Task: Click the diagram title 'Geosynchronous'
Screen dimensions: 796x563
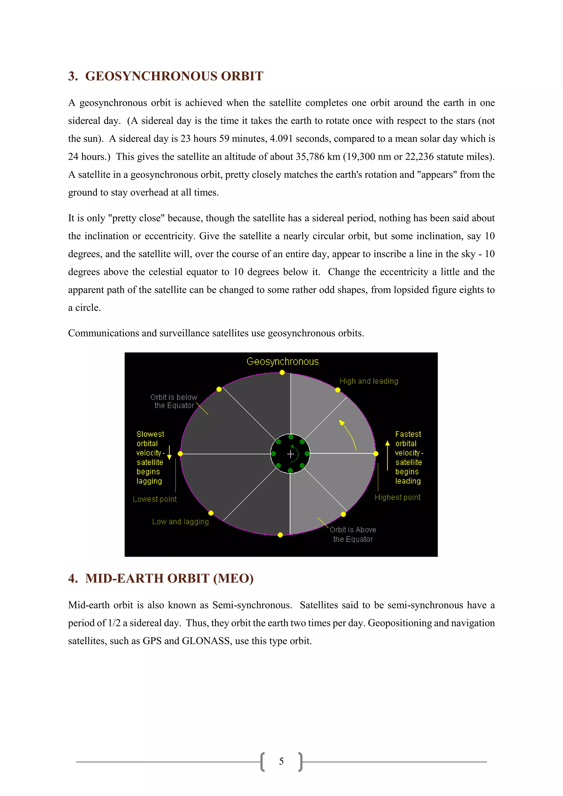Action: point(282,362)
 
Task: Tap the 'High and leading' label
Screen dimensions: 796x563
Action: point(369,381)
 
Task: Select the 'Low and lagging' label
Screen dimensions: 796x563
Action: point(180,522)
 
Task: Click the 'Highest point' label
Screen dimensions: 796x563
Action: point(397,497)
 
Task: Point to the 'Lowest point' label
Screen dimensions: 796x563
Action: point(154,499)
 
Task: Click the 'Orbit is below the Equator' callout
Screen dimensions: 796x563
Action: point(174,402)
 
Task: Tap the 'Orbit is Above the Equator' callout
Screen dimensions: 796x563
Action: point(353,534)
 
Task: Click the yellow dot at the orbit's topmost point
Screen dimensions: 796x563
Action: point(282,372)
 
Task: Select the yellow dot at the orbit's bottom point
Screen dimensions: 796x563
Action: point(280,535)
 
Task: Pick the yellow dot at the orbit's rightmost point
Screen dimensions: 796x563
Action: point(376,454)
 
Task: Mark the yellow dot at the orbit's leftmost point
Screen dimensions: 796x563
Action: point(180,454)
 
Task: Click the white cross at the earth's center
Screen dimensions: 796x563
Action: point(291,454)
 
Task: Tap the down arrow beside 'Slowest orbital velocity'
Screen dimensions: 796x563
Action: point(169,452)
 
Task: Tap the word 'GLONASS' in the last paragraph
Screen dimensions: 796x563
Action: point(206,641)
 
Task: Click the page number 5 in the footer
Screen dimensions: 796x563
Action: point(281,761)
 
